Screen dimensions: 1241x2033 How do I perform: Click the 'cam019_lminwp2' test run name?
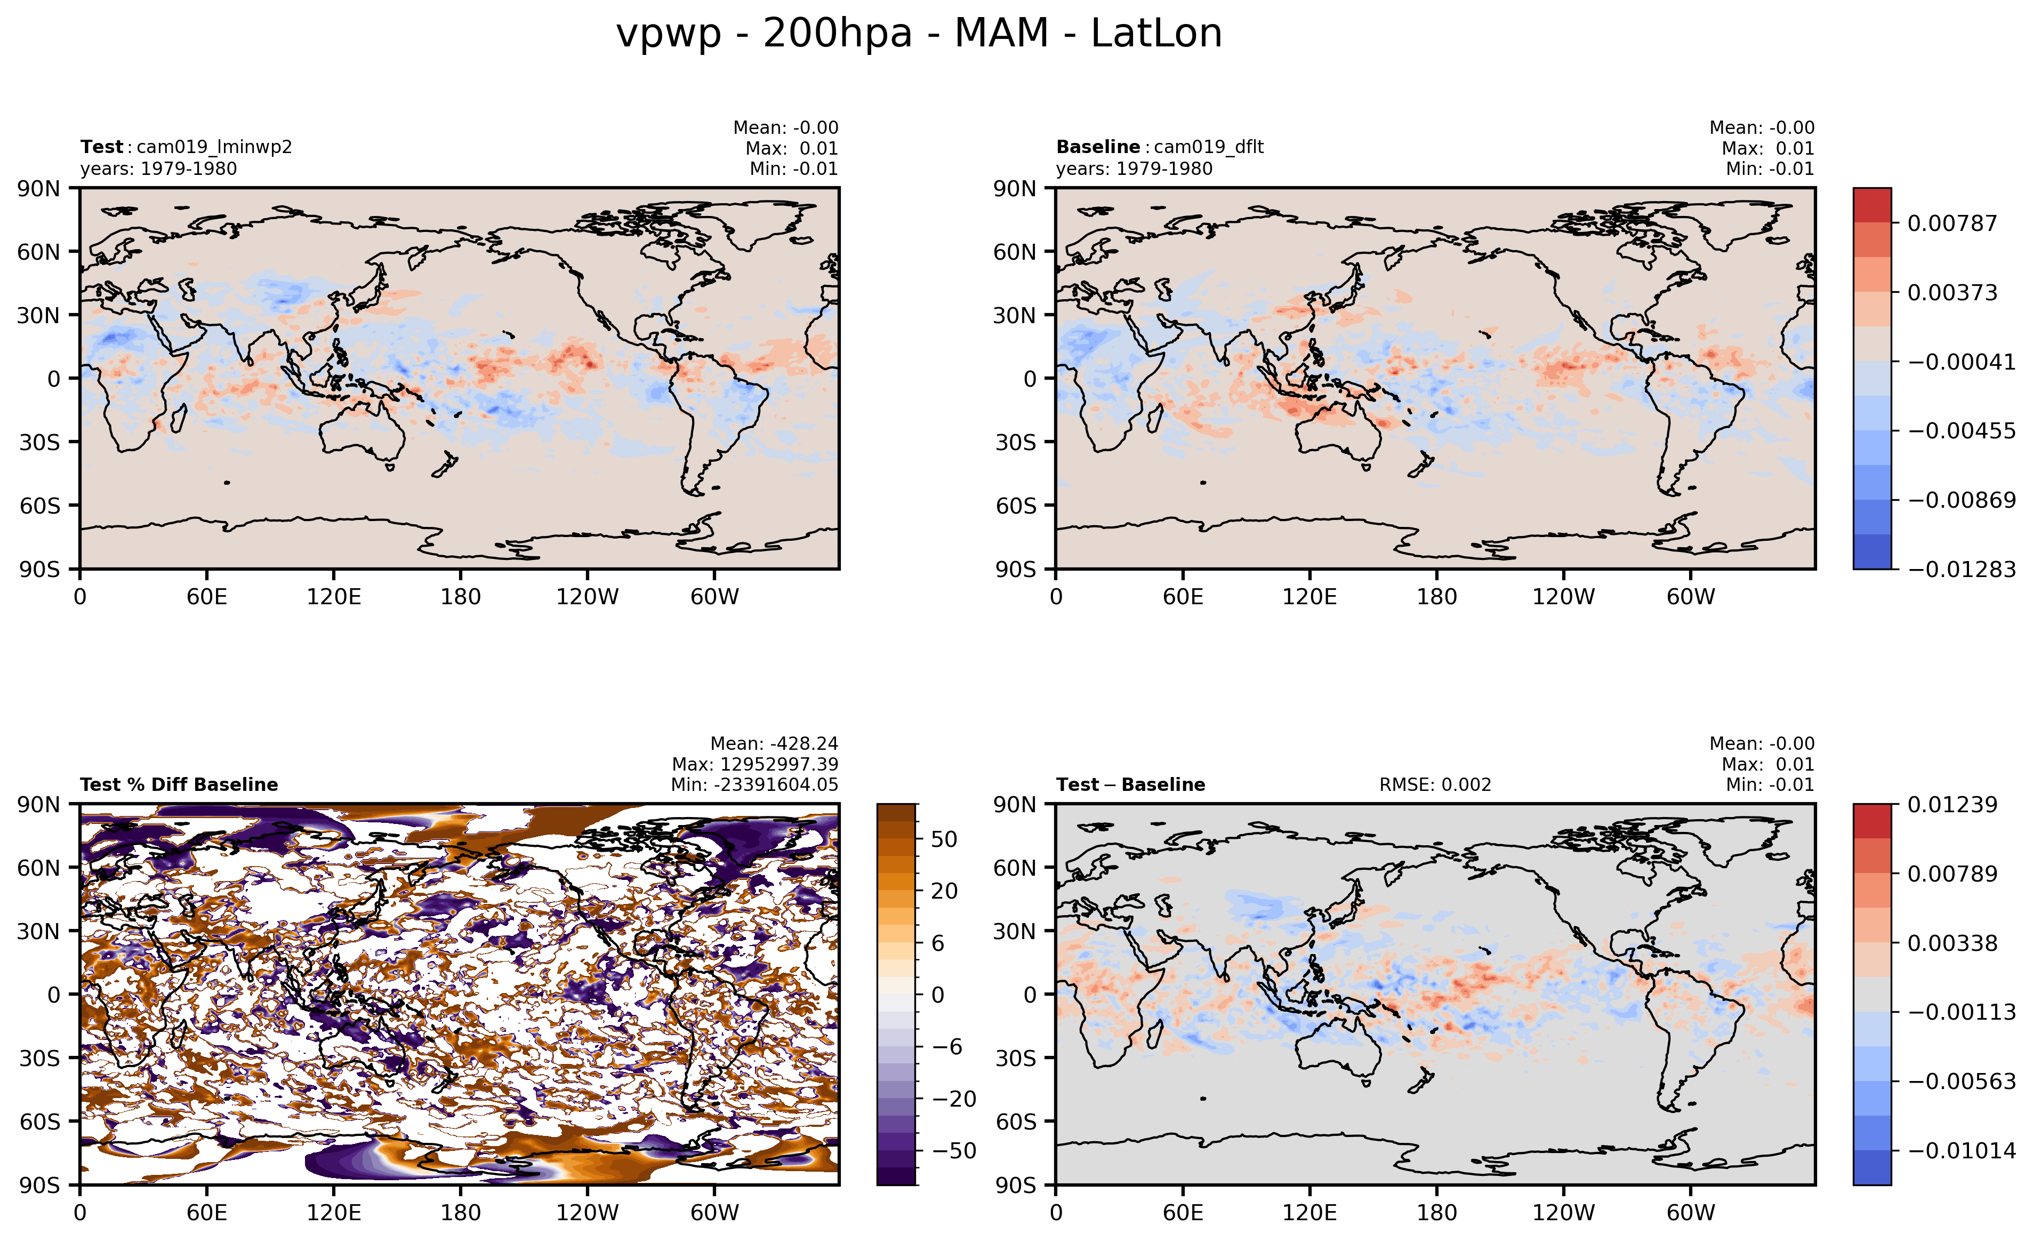point(214,147)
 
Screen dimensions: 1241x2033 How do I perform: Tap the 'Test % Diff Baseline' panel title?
point(179,784)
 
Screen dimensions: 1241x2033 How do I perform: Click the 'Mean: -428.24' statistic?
point(774,743)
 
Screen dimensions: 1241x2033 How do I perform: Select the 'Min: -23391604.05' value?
point(754,784)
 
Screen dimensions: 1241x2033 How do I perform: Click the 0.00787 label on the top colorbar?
point(1952,223)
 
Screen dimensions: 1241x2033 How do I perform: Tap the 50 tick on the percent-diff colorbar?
point(944,839)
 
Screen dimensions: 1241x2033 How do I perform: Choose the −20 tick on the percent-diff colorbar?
point(954,1099)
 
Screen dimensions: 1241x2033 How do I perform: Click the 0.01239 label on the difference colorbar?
point(1952,805)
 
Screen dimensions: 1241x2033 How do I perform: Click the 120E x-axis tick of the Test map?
point(333,597)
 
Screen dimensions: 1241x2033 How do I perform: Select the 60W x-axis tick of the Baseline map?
point(1691,597)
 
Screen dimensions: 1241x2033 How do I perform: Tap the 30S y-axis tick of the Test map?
point(39,442)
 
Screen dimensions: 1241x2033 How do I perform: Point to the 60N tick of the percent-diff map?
point(39,868)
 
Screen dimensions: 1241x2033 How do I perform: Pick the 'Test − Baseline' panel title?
point(1130,784)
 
